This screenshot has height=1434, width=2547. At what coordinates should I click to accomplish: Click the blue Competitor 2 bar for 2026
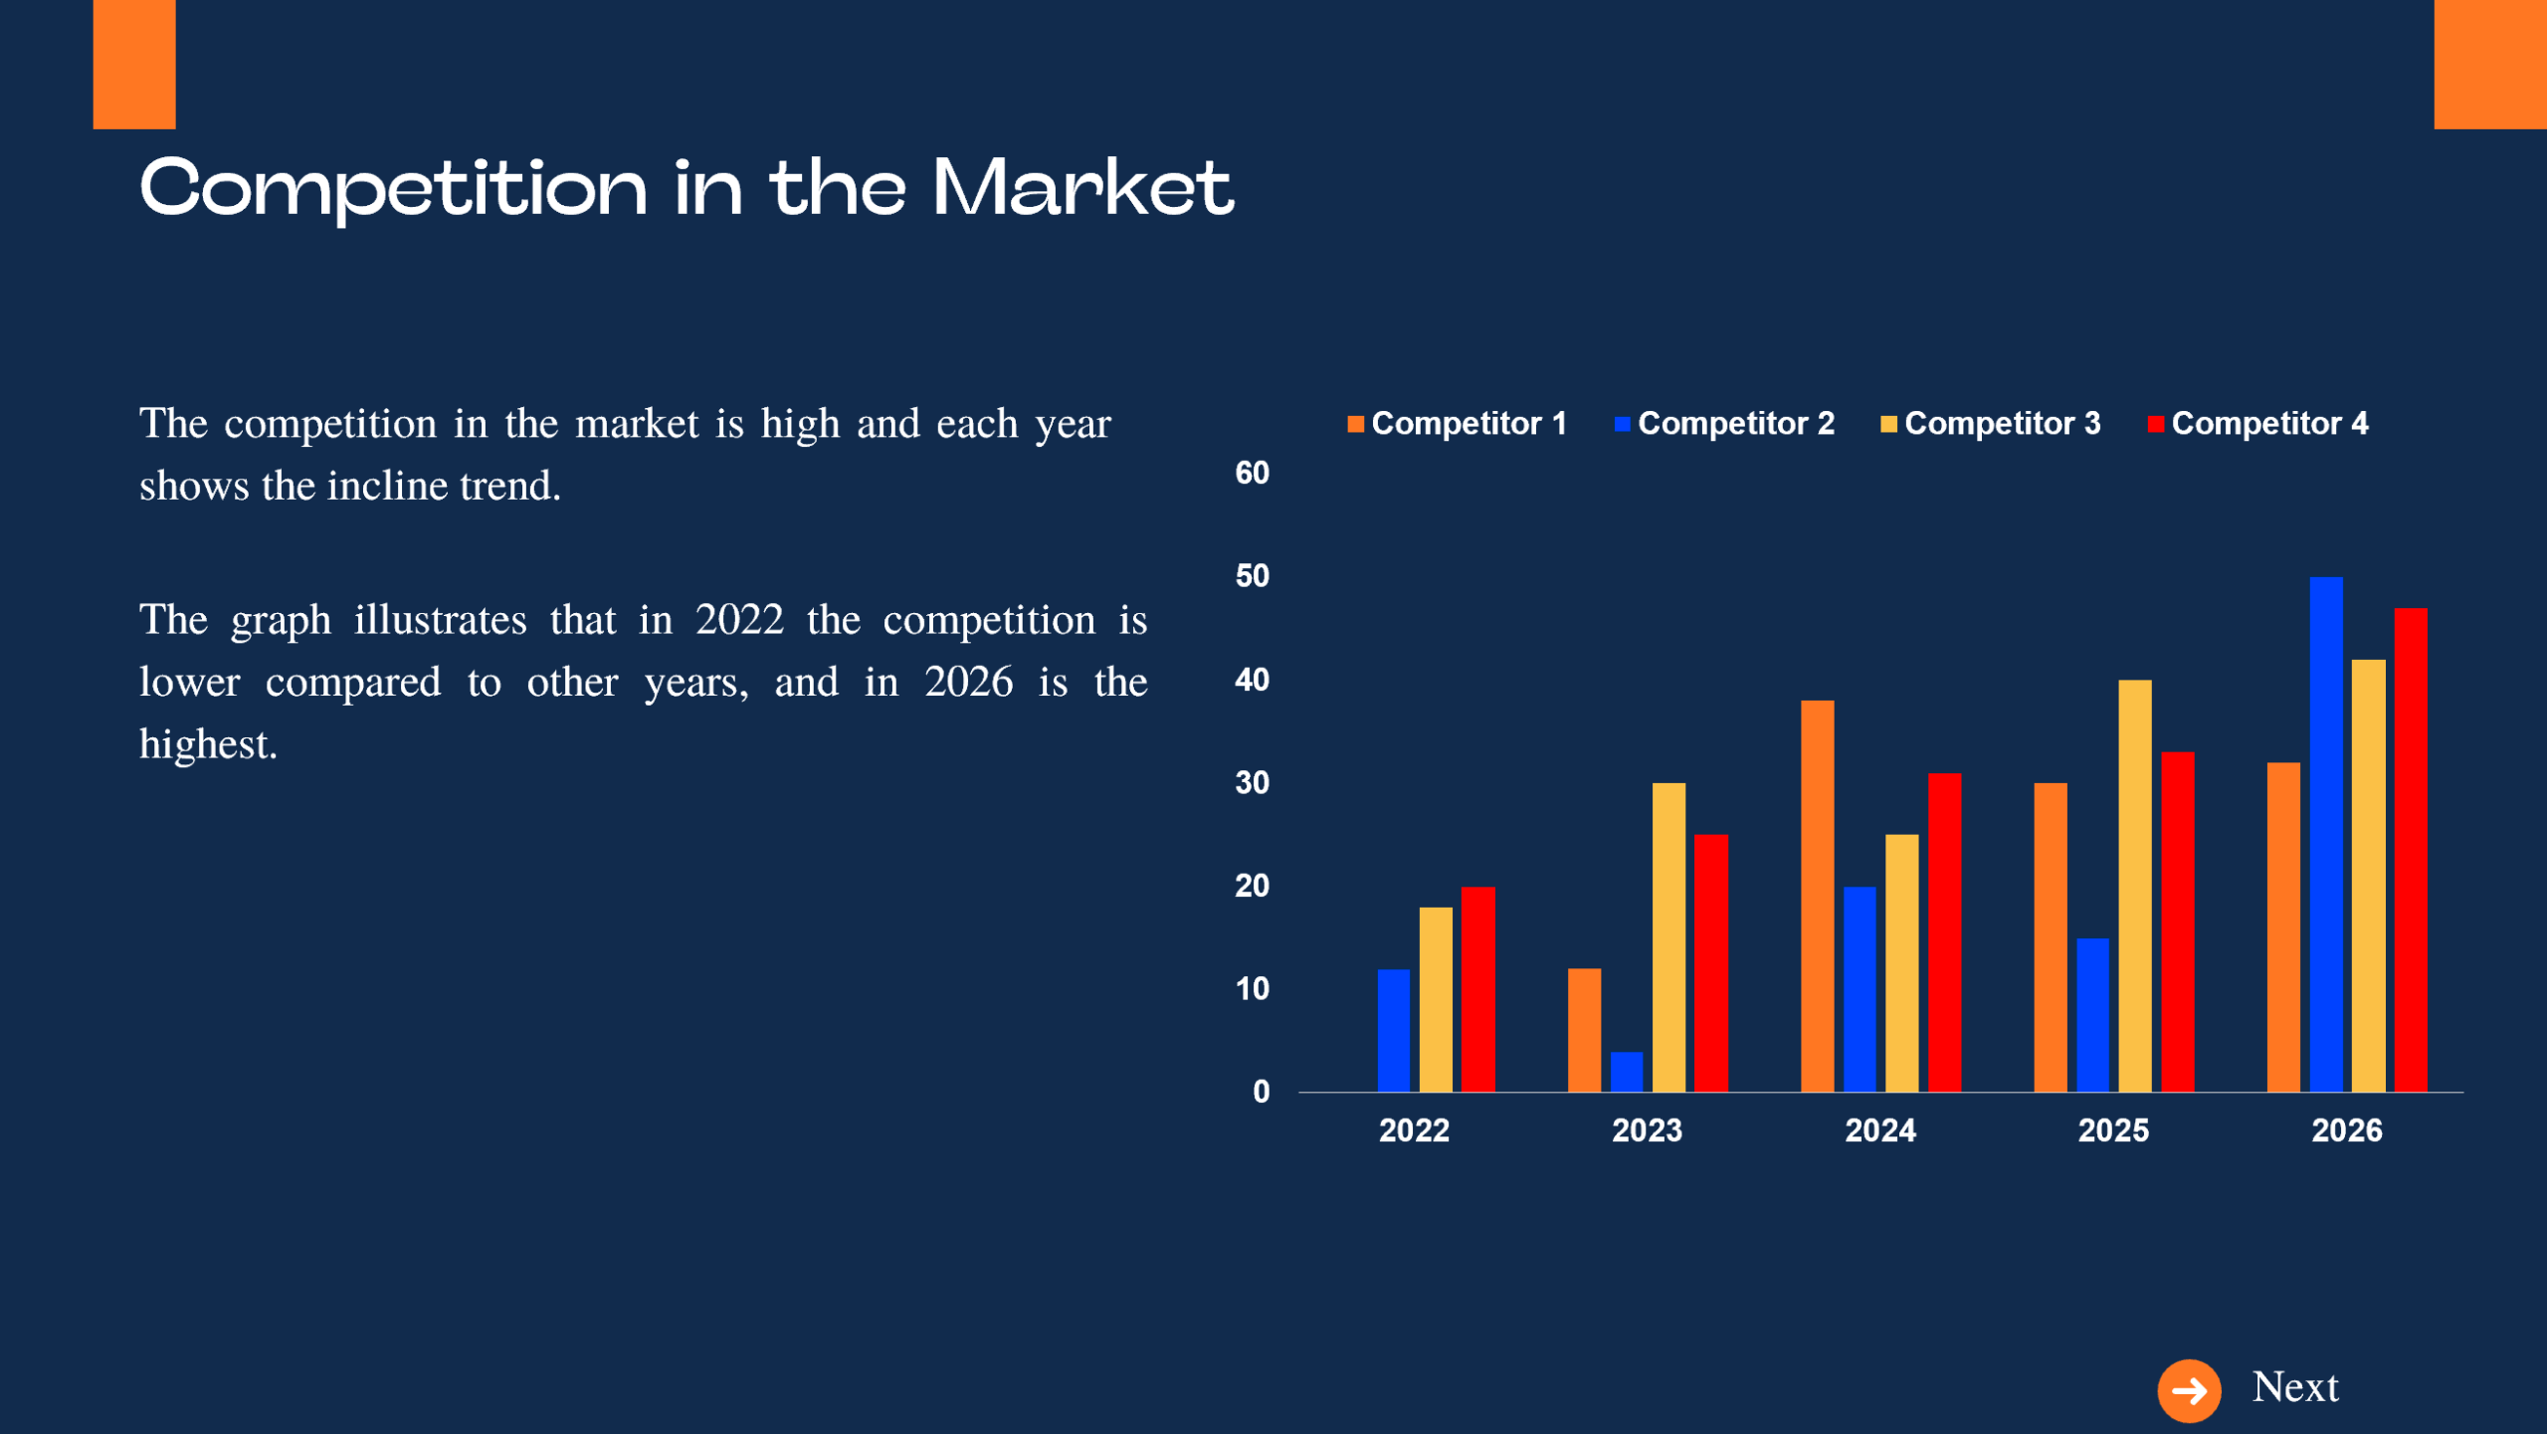point(2325,836)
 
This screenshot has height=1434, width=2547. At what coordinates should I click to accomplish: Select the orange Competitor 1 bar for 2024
point(1817,896)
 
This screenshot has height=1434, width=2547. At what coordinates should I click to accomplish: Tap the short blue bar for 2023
point(1627,1072)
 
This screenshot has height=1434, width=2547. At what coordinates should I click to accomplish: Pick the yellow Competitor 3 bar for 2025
point(2134,886)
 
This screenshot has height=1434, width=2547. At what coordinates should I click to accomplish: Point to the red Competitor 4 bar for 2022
point(1477,989)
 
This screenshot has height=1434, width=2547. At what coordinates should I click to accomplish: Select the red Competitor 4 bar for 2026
point(2410,851)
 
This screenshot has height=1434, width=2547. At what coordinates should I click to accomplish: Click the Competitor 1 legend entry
point(1458,424)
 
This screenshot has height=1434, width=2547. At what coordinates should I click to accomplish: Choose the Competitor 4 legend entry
point(2258,424)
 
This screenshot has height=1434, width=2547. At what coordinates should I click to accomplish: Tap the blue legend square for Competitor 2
point(1622,425)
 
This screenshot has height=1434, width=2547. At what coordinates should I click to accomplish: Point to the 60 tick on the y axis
point(1252,473)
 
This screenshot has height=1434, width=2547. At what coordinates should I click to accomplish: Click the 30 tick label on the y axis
point(1252,783)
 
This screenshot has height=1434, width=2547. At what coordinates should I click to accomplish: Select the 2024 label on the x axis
point(1879,1130)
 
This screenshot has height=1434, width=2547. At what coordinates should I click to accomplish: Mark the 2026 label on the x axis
point(2346,1130)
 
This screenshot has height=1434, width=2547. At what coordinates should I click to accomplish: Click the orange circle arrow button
point(2188,1390)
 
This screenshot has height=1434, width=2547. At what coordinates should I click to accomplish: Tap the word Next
point(2294,1387)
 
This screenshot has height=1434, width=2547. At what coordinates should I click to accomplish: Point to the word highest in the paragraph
point(207,744)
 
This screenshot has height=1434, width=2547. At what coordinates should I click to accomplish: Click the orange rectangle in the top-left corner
point(134,64)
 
